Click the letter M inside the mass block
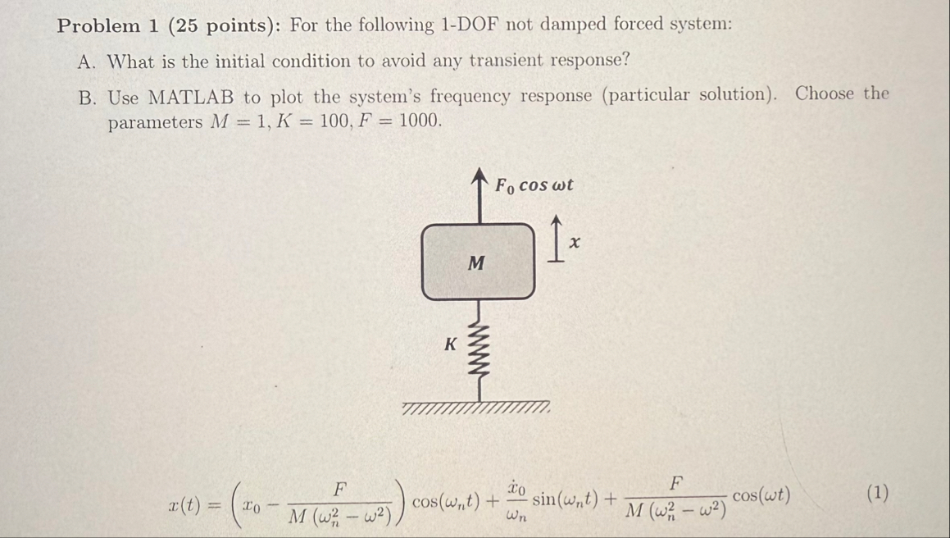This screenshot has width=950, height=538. click(476, 263)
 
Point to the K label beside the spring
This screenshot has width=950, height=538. click(449, 344)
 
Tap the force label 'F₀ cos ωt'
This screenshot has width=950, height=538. click(534, 185)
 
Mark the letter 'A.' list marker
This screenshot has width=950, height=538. click(88, 62)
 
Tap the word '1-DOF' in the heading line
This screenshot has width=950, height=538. click(470, 25)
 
